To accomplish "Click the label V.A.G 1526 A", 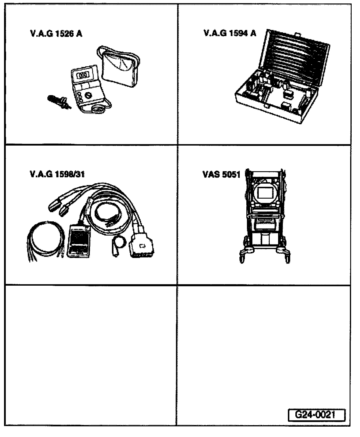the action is pyautogui.click(x=56, y=34).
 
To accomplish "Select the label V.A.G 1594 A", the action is pyautogui.click(x=230, y=33).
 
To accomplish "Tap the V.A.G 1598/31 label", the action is pyautogui.click(x=57, y=174).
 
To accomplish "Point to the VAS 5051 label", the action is pyautogui.click(x=222, y=175).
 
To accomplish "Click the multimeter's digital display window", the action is pyautogui.click(x=83, y=76).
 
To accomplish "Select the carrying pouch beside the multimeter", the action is pyautogui.click(x=120, y=67).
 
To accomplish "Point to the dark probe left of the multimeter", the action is pyautogui.click(x=58, y=101).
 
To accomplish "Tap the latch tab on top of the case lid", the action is pyautogui.click(x=297, y=34).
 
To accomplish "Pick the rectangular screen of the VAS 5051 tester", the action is pyautogui.click(x=265, y=193).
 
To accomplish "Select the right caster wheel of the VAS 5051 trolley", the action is pyautogui.click(x=288, y=257).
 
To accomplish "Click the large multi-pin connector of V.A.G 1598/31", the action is pyautogui.click(x=142, y=244).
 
